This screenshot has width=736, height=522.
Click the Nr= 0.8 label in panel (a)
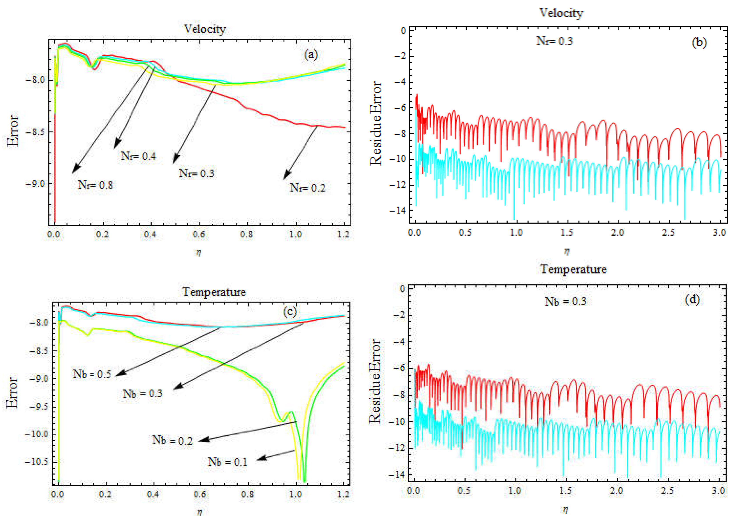(x=95, y=185)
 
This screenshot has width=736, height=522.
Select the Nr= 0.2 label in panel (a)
(x=308, y=188)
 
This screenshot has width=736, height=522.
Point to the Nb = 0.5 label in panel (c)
(x=92, y=374)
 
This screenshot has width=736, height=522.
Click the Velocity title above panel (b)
(x=561, y=13)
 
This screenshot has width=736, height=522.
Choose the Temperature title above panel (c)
(x=214, y=292)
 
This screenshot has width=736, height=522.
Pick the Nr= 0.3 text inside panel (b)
(x=554, y=41)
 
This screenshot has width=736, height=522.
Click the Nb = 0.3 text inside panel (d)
(x=566, y=301)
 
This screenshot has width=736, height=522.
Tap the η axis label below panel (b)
(x=567, y=251)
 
